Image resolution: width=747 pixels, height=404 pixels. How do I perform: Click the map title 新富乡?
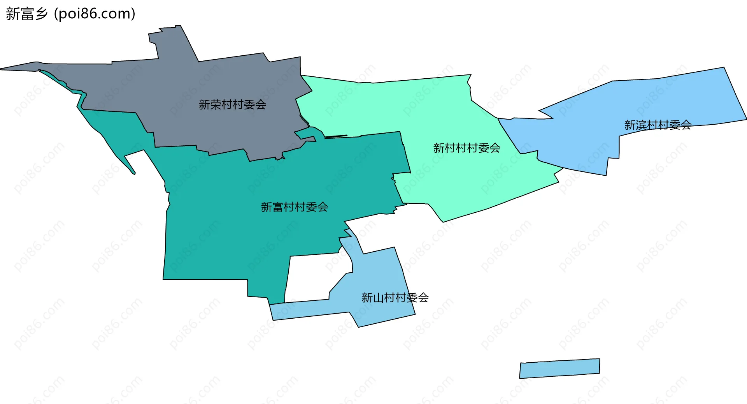[x=26, y=14]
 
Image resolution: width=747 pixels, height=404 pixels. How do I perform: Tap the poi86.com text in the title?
[x=95, y=14]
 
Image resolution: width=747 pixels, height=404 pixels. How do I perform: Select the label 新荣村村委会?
[x=232, y=104]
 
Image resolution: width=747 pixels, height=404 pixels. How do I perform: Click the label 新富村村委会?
[x=295, y=207]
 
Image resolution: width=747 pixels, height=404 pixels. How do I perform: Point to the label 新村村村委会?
[x=467, y=148]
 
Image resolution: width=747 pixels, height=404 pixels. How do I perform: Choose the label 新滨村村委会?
[x=658, y=125]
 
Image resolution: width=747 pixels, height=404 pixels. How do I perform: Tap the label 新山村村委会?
[x=395, y=298]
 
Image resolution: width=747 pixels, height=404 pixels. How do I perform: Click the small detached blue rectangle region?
[x=559, y=369]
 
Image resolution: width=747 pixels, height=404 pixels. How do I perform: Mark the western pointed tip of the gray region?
[x=2, y=69]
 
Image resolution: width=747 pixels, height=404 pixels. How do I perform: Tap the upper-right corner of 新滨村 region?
[x=723, y=69]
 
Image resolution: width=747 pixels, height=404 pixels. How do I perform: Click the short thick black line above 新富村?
[x=336, y=136]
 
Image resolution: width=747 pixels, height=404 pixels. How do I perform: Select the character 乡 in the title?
[x=41, y=14]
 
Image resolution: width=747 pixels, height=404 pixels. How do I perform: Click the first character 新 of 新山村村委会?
[x=367, y=298]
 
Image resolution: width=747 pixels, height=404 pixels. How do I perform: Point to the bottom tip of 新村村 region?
[x=443, y=221]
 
